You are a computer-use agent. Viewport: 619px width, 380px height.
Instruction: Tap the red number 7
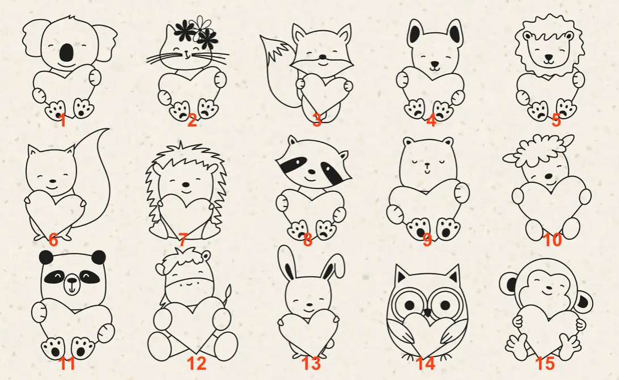[183, 239]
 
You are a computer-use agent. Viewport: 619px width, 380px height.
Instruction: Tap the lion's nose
[549, 58]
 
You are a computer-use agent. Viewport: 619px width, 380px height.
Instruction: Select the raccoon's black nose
[311, 172]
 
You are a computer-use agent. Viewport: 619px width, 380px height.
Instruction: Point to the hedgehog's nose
[185, 184]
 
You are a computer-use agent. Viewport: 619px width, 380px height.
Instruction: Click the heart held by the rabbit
[308, 331]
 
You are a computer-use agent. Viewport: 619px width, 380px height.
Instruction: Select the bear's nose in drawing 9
[427, 164]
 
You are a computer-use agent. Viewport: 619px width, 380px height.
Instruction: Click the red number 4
[431, 120]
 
